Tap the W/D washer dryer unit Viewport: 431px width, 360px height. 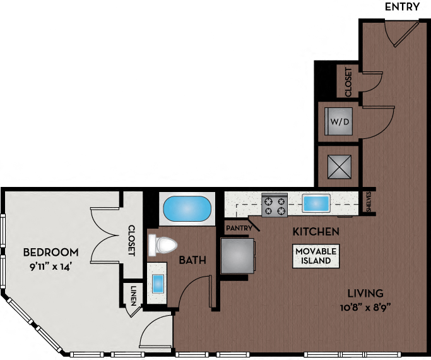338,120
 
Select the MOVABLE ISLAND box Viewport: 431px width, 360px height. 316,256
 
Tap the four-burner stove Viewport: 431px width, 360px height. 275,205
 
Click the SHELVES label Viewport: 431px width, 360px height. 369,203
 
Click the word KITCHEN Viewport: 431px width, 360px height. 316,231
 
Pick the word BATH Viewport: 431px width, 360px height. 190,260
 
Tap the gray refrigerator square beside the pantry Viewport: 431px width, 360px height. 237,255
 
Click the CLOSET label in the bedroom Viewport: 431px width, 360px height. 132,240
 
